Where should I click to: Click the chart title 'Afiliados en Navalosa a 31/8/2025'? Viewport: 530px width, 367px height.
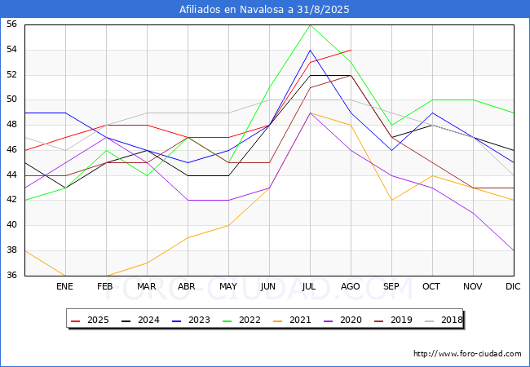coord(265,9)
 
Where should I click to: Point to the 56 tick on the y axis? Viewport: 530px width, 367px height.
coord(12,24)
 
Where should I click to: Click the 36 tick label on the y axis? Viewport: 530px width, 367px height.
coord(12,275)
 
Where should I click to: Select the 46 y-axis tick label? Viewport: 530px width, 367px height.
coord(12,150)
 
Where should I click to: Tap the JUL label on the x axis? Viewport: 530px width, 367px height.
coord(310,287)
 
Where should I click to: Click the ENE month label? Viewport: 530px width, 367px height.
coord(65,287)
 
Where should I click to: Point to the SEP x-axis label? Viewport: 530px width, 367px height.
coord(391,287)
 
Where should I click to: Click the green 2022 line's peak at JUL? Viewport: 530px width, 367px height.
coord(310,24)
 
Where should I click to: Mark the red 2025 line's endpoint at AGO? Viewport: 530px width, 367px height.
coord(351,50)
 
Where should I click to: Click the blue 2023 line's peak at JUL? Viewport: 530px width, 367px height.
coord(310,50)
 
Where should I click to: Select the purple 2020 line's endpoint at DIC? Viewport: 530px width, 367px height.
coord(514,250)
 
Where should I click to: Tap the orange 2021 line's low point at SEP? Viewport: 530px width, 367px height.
coord(391,200)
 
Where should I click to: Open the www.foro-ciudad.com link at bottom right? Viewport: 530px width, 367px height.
coord(467,354)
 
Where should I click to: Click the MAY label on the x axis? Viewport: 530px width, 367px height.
coord(228,287)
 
